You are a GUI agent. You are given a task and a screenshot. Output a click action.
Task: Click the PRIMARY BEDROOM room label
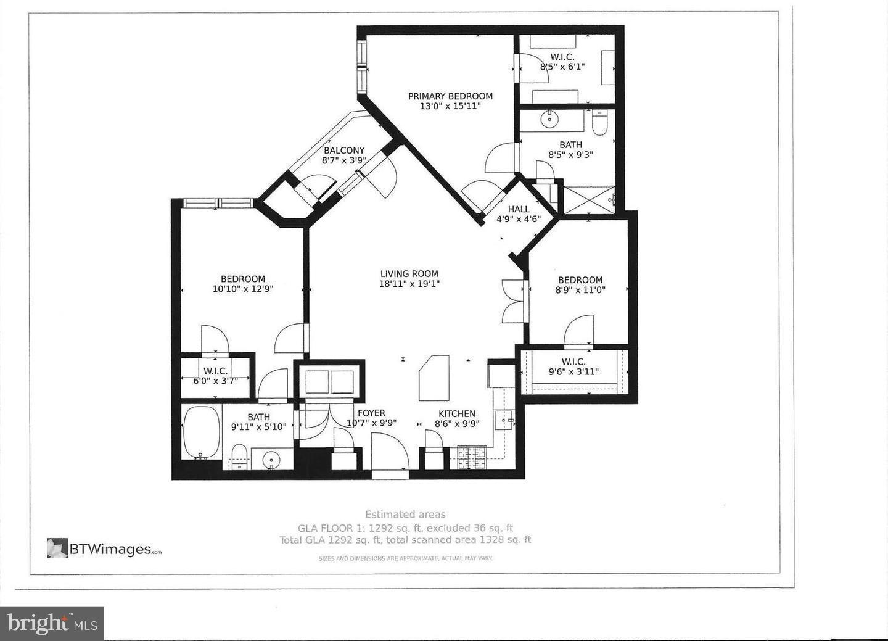click(x=450, y=96)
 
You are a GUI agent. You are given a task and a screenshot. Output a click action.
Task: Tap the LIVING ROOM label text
click(x=409, y=274)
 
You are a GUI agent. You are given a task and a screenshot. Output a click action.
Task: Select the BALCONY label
click(x=344, y=151)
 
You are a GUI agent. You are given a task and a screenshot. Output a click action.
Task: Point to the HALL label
click(x=519, y=209)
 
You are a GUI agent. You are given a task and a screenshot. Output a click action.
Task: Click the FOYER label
click(x=371, y=413)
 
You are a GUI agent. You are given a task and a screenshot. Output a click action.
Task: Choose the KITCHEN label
click(x=457, y=414)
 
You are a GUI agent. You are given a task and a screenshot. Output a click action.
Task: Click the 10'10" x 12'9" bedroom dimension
click(x=243, y=289)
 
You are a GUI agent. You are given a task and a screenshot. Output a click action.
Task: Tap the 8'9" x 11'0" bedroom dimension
click(x=580, y=289)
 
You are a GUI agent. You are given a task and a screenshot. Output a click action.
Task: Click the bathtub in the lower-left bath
click(x=202, y=432)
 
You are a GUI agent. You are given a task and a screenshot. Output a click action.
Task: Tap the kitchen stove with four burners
click(x=472, y=457)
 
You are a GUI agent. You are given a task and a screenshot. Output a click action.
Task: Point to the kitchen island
click(x=434, y=378)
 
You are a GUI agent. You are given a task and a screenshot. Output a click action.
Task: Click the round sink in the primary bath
click(x=549, y=120)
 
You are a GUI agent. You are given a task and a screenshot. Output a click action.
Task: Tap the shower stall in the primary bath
click(x=589, y=199)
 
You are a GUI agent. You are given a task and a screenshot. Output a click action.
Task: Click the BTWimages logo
click(x=104, y=548)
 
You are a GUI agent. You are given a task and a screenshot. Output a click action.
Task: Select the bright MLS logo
click(x=52, y=624)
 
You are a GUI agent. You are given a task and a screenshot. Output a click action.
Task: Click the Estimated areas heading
click(x=405, y=515)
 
